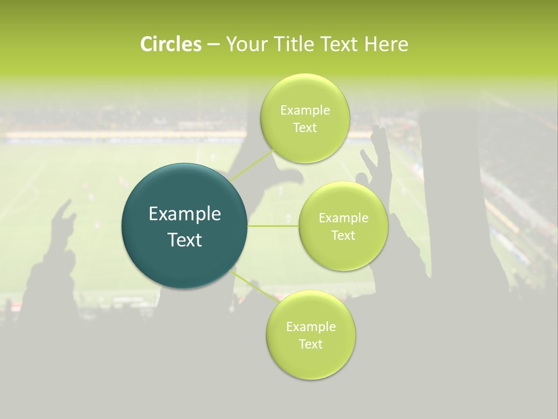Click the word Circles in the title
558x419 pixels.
tap(171, 44)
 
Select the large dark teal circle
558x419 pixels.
tap(184, 226)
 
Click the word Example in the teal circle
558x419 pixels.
tap(184, 214)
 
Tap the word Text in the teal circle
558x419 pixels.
tap(184, 240)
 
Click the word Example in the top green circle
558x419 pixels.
tap(305, 110)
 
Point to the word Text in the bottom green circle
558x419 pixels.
tap(310, 344)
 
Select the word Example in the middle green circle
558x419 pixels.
tap(344, 218)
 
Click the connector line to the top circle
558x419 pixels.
tap(251, 165)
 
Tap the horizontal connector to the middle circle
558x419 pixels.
tap(273, 226)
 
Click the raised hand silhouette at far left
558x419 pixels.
tap(64, 218)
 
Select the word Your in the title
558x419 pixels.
tap(246, 44)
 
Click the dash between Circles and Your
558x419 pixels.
tap(213, 44)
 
